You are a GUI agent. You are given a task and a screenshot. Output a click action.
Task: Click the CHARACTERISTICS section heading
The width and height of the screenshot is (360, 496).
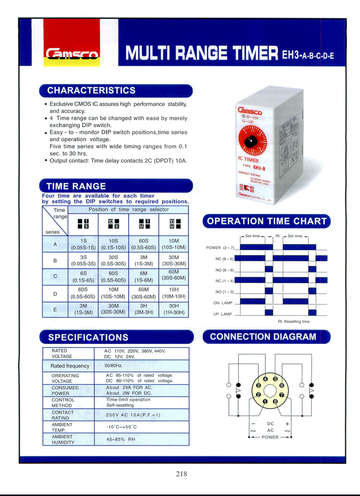[91, 90]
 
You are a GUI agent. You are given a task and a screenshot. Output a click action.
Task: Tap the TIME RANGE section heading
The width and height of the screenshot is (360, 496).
[76, 186]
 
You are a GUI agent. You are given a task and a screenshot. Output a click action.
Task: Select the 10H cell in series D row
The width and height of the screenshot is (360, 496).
[174, 293]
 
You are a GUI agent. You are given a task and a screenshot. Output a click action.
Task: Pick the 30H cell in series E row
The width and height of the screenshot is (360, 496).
[174, 309]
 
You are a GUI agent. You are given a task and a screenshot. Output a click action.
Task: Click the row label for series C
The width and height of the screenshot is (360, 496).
[55, 277]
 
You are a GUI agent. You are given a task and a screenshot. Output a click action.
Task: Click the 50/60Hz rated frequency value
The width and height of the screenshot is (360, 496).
[113, 366]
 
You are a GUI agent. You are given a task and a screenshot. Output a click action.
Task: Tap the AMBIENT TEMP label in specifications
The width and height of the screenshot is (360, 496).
[62, 428]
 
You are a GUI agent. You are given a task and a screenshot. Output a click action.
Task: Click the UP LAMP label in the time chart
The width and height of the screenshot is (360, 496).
[223, 314]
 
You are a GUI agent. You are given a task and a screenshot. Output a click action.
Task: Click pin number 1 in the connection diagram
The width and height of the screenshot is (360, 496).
[265, 402]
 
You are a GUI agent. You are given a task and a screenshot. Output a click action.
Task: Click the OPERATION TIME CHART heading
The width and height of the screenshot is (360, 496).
[266, 221]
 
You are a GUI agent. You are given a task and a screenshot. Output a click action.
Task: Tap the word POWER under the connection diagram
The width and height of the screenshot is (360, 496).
[270, 437]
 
